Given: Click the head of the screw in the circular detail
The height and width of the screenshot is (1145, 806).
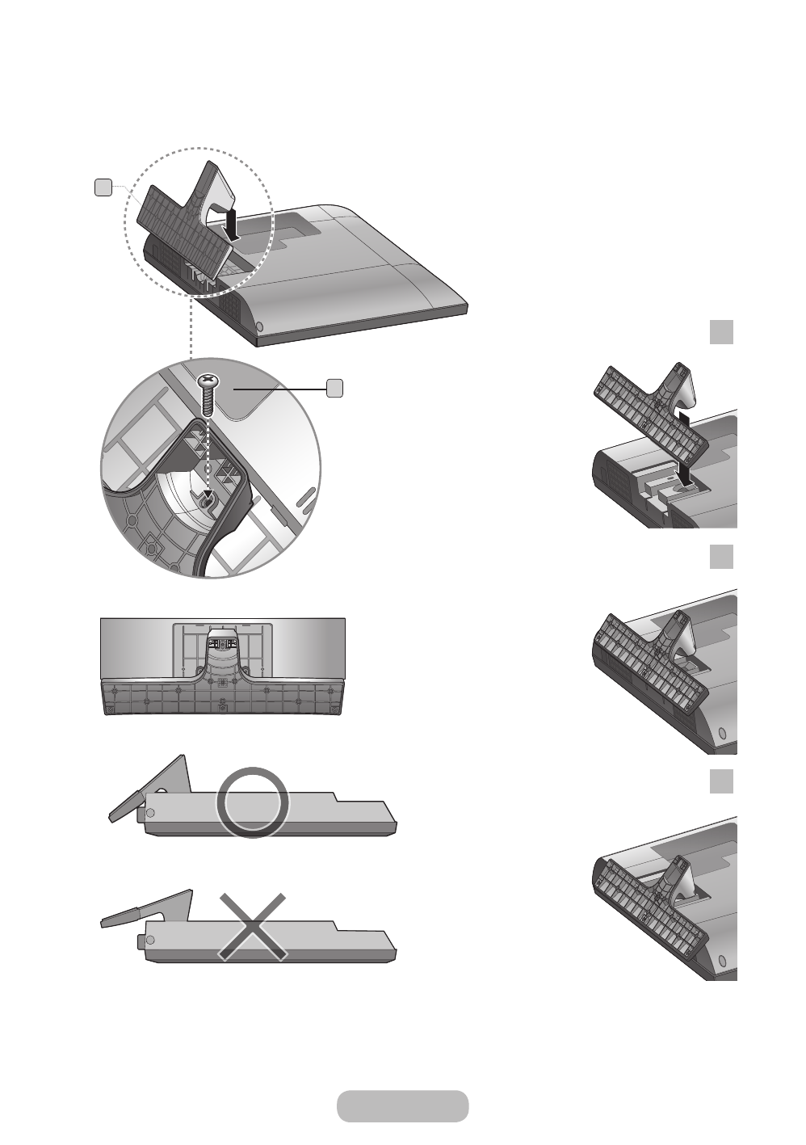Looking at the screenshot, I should point(209,379).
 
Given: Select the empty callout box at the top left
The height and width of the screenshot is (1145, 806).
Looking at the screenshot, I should point(103,187).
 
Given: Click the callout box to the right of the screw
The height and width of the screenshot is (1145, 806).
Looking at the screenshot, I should point(335,388).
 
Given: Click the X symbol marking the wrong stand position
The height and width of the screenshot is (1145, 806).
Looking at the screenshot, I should point(252,927).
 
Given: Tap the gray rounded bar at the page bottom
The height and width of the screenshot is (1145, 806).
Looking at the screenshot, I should point(402,1105).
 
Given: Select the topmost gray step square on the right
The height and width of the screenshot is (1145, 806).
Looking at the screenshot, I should point(721,332).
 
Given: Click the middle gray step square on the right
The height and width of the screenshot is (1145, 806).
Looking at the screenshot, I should point(721,557).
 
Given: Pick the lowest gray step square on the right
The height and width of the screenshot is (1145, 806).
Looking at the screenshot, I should point(721,781).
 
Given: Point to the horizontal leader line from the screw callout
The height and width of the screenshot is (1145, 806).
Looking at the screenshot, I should point(279,389).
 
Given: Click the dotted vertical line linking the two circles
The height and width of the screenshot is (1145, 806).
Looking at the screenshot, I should point(190,331).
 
